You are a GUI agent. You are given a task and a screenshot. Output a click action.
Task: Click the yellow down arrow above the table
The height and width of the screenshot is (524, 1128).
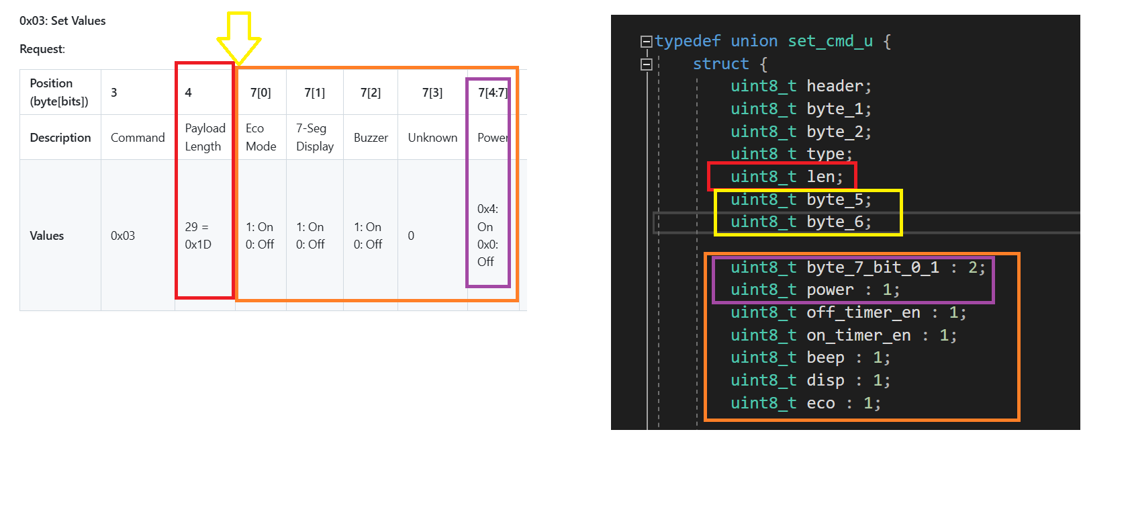point(239,38)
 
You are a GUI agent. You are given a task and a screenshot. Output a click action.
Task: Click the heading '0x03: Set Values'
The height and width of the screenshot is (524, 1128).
point(62,21)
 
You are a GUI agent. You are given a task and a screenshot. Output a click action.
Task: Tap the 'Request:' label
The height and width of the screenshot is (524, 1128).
point(42,49)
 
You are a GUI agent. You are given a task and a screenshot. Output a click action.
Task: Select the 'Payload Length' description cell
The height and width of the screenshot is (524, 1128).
point(205,137)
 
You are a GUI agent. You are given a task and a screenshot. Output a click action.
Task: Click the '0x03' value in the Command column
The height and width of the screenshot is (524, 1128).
point(123,235)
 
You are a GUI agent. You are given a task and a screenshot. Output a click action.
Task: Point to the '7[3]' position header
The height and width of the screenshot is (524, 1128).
point(432,92)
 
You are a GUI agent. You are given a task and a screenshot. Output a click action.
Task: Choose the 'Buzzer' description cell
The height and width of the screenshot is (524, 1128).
point(371,138)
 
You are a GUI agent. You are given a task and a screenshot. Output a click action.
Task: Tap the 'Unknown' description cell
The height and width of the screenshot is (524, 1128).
point(432,138)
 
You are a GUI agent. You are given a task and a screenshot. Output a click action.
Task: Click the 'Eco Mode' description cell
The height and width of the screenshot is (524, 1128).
point(261,137)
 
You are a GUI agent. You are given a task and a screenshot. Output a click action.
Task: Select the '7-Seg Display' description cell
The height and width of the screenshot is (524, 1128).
point(315,137)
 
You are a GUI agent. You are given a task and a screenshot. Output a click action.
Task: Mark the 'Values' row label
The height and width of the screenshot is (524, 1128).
point(47,235)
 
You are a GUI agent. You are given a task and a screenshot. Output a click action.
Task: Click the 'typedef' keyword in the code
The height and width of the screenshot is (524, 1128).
point(688,41)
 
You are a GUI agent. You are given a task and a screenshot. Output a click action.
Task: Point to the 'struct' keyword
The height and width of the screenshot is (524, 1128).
point(720,63)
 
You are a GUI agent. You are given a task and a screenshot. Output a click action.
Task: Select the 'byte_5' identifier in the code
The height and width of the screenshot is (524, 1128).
point(835,200)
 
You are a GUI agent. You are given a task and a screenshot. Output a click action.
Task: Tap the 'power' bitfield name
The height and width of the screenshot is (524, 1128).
point(830,290)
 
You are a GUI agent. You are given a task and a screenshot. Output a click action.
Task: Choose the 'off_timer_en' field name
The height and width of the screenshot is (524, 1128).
point(863,312)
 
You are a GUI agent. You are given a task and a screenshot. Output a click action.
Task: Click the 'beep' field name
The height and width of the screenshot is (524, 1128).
point(825,357)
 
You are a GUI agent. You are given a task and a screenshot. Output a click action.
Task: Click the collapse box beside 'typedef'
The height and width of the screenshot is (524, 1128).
point(646,42)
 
